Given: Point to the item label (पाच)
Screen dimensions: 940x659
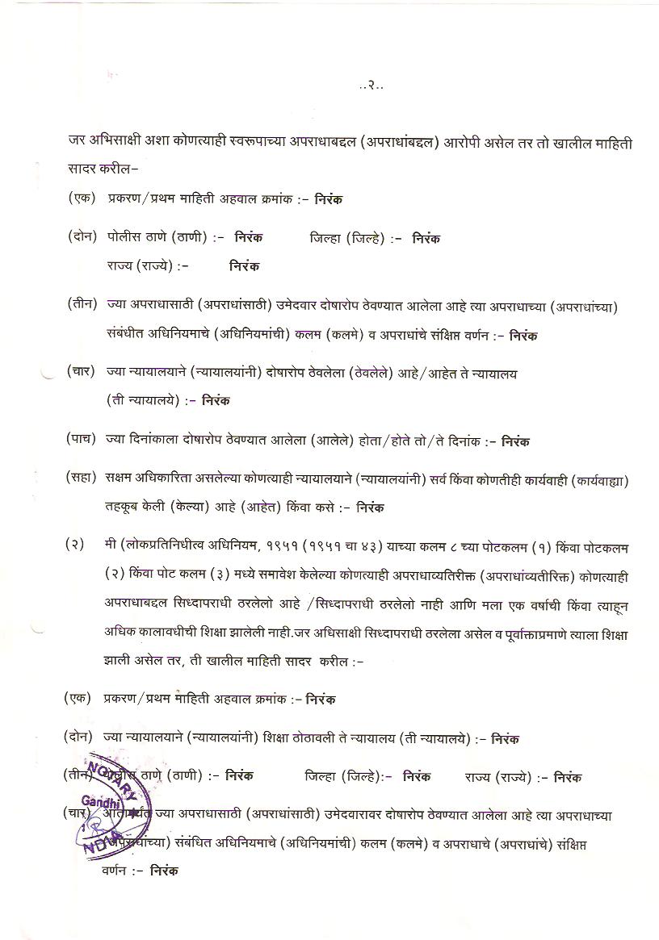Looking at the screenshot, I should coord(82,441).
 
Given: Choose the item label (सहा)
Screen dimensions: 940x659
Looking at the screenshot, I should coord(82,480).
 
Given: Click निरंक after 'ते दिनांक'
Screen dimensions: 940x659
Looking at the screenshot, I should coord(515,441).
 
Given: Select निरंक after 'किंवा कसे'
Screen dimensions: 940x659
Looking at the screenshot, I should coord(370,508).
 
